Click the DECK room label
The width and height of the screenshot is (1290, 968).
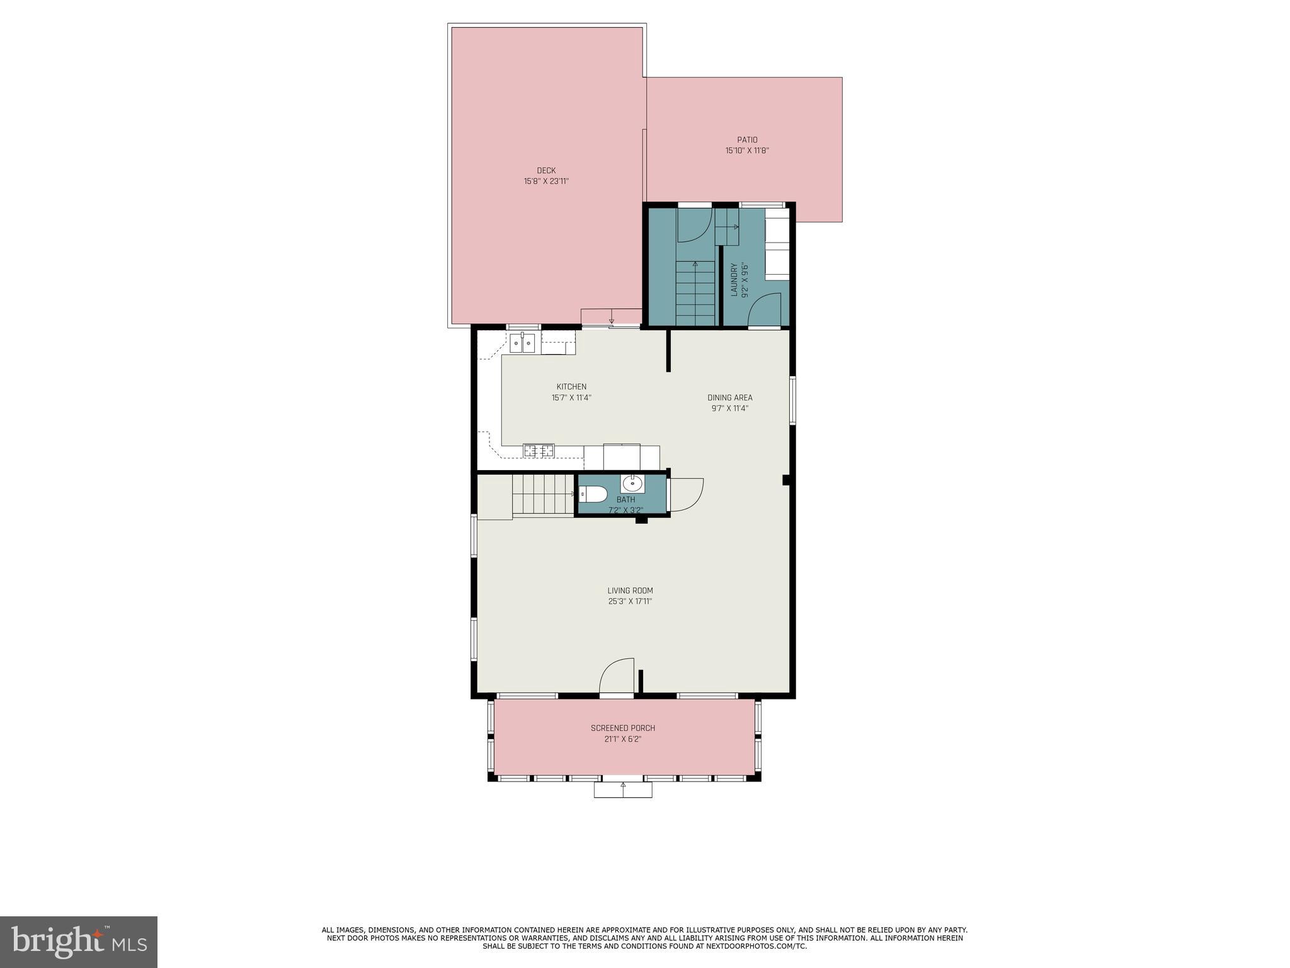click(x=546, y=170)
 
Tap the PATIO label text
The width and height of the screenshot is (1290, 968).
click(x=747, y=140)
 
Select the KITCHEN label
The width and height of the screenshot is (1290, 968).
click(x=571, y=387)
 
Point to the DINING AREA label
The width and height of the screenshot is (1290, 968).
click(x=729, y=398)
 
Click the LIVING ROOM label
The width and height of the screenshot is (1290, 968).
click(x=630, y=591)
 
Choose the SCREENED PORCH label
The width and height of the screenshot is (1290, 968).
click(x=622, y=728)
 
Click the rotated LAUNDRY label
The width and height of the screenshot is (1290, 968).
click(x=734, y=280)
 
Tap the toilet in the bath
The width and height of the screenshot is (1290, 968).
click(x=593, y=494)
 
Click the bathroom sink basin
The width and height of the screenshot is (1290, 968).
click(x=632, y=484)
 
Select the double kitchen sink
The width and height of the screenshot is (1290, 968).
click(x=523, y=343)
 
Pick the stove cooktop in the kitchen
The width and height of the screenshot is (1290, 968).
click(x=539, y=450)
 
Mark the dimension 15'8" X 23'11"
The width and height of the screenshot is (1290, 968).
click(x=546, y=181)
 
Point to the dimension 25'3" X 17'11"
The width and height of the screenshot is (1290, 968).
click(x=630, y=601)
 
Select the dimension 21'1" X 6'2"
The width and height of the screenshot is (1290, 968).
click(x=622, y=739)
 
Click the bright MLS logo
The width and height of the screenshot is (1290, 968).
click(x=79, y=942)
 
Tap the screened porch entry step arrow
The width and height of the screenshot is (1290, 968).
click(x=623, y=786)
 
